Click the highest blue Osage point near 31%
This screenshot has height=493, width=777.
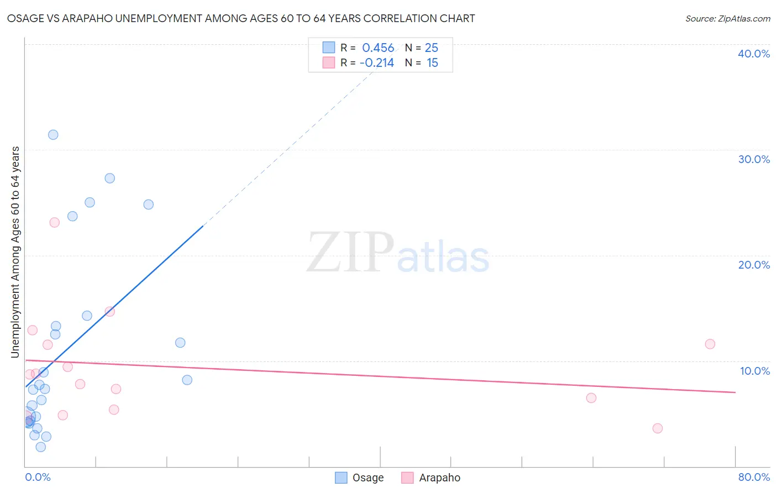(53, 135)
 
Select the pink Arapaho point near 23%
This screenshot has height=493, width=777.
(54, 223)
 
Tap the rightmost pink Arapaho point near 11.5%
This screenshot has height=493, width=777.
(710, 344)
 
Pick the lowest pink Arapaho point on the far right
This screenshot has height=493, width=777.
(657, 428)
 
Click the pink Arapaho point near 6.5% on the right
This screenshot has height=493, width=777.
(591, 398)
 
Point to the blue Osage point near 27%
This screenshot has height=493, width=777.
(110, 179)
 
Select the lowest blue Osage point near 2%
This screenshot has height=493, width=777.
(41, 447)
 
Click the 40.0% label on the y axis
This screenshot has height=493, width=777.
(754, 54)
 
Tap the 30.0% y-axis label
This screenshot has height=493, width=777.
(754, 159)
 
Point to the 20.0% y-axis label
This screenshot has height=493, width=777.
(754, 265)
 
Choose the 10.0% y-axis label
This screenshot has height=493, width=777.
(755, 371)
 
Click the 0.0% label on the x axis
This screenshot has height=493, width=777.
(38, 477)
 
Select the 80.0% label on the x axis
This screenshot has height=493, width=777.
(754, 477)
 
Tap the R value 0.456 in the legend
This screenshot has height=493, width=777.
(378, 48)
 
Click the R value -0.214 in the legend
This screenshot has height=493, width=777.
(377, 63)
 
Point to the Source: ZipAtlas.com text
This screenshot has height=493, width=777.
(728, 19)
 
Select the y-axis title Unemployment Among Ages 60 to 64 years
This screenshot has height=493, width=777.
(15, 252)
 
